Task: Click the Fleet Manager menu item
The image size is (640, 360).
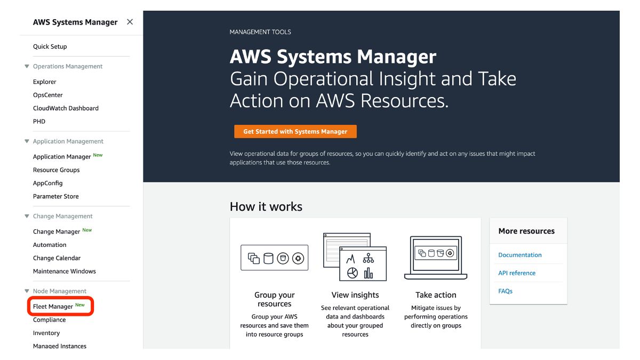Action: pyautogui.click(x=53, y=307)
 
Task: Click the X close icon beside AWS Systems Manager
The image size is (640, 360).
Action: pyautogui.click(x=130, y=22)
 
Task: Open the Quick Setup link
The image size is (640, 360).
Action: pyautogui.click(x=50, y=46)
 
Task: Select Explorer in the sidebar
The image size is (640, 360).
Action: pyautogui.click(x=45, y=82)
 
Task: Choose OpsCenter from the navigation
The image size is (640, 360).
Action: pyautogui.click(x=48, y=95)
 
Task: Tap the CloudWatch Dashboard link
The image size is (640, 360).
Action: pyautogui.click(x=66, y=108)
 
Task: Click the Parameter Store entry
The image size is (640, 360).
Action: pyautogui.click(x=56, y=196)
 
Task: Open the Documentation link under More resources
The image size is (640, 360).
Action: pyautogui.click(x=520, y=255)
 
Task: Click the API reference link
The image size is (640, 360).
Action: pyautogui.click(x=517, y=273)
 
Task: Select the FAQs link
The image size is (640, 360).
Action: pyautogui.click(x=506, y=291)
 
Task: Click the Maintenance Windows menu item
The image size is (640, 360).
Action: pyautogui.click(x=65, y=271)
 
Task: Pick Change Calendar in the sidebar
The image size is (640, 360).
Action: pyautogui.click(x=57, y=258)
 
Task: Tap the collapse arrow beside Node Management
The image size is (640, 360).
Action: pyautogui.click(x=27, y=291)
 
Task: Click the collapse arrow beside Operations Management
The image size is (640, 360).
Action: pyautogui.click(x=27, y=67)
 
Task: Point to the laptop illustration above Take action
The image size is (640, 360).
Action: pyautogui.click(x=436, y=258)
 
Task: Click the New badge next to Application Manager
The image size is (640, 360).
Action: pyautogui.click(x=98, y=155)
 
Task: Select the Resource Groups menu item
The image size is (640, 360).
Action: pyautogui.click(x=57, y=170)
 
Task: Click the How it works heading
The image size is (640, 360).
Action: pyautogui.click(x=266, y=206)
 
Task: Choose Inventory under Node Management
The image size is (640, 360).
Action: pyautogui.click(x=46, y=333)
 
